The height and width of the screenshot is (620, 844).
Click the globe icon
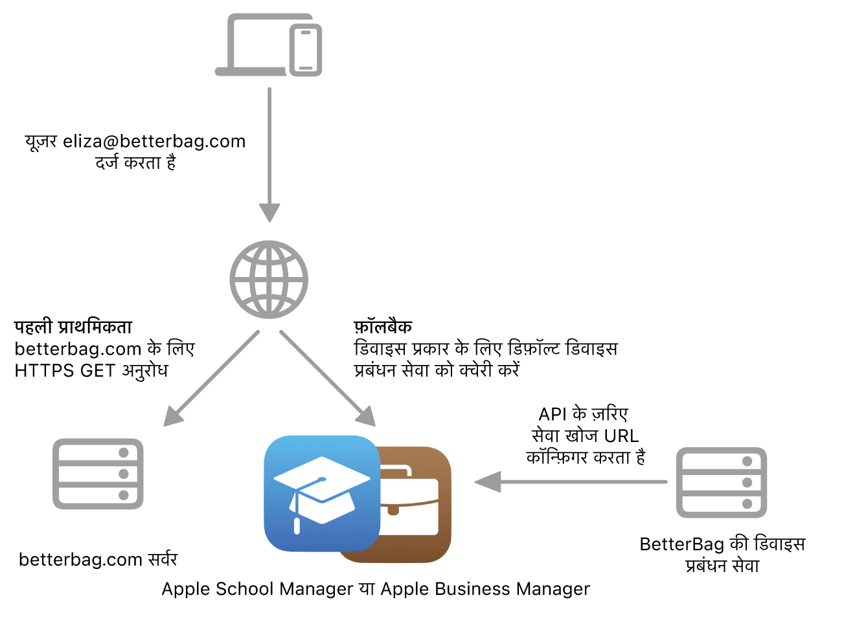pos(269,280)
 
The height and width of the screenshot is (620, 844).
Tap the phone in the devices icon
pos(306,50)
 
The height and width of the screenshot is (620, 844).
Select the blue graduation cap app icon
pos(321,493)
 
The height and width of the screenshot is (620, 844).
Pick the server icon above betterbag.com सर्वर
pos(98,474)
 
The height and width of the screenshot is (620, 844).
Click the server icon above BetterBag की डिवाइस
pos(722,482)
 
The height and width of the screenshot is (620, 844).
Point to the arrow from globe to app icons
pos(327,378)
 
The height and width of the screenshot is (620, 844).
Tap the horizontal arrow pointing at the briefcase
pos(570,482)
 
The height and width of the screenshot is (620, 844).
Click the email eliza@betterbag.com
pos(154,141)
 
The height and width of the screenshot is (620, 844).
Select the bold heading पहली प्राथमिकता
pos(73,327)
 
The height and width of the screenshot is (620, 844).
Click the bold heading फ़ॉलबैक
pos(383,327)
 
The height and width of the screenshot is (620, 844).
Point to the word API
pos(553,414)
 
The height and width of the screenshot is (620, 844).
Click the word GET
pos(98,371)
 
